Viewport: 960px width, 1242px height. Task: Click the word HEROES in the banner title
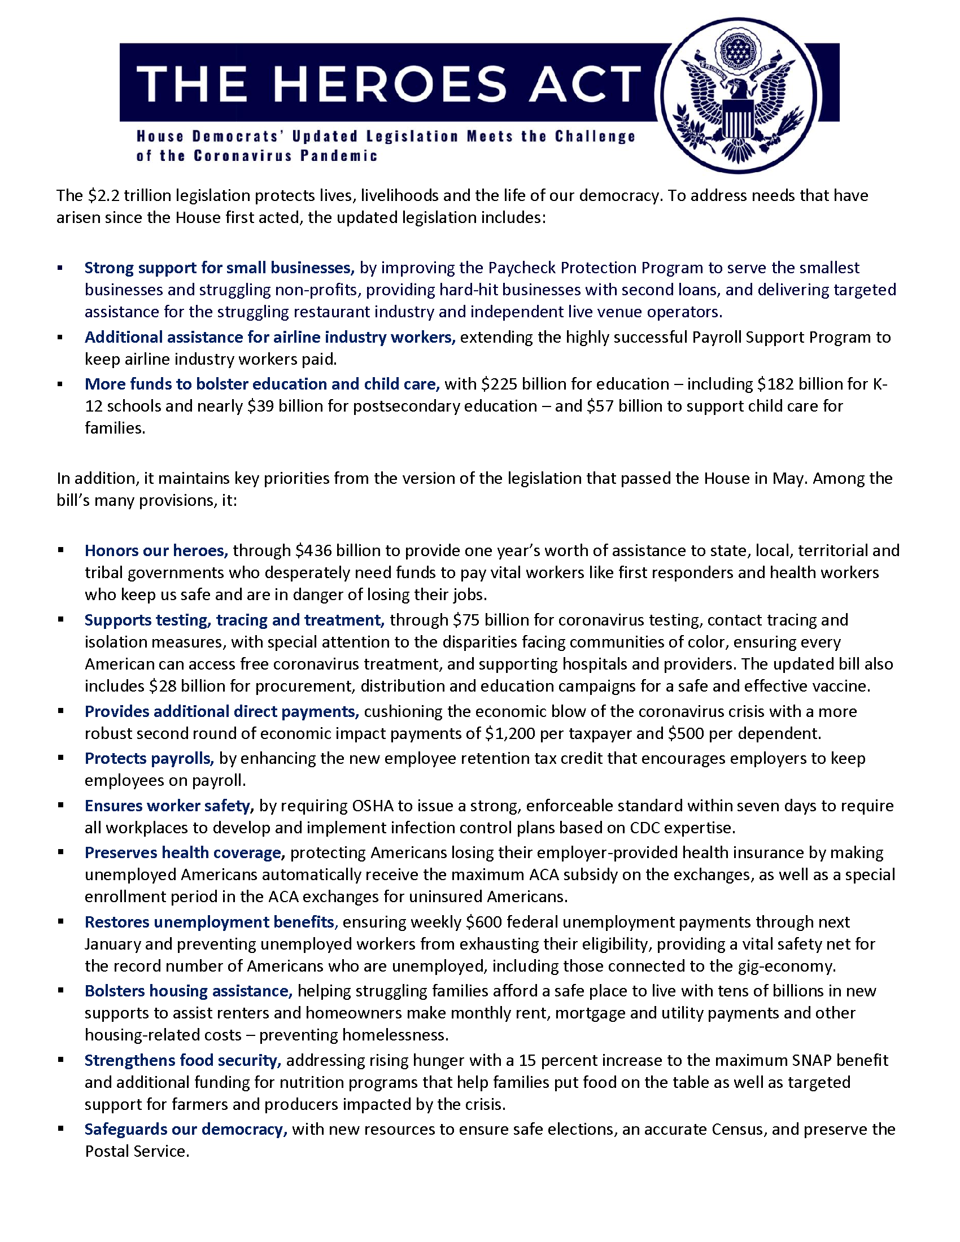point(390,84)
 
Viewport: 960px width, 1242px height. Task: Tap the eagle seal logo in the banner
point(738,95)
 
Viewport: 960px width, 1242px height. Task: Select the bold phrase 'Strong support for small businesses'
point(219,268)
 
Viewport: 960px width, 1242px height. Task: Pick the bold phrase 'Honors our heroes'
point(156,550)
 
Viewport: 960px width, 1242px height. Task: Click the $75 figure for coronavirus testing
point(466,620)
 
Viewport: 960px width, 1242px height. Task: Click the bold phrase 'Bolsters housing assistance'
point(188,991)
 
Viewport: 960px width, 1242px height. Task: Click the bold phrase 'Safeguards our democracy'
point(185,1129)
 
